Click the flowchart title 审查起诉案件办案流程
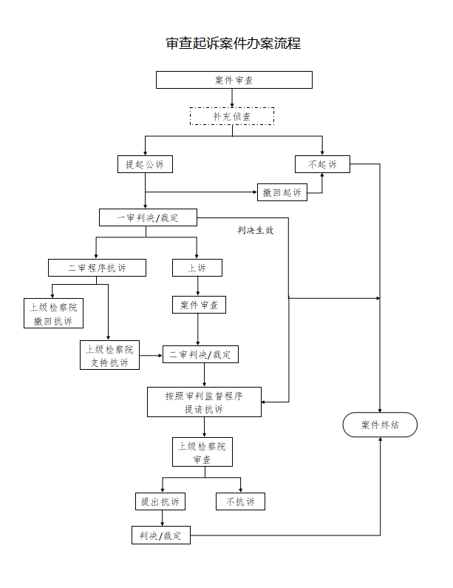click(x=234, y=43)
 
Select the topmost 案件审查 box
click(x=234, y=80)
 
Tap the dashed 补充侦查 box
click(x=232, y=116)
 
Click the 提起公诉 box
click(x=145, y=164)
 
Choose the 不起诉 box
click(x=322, y=164)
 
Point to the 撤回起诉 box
click(x=282, y=192)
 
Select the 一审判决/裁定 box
click(x=149, y=217)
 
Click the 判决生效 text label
click(x=255, y=231)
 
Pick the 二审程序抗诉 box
click(x=97, y=268)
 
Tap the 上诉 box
click(x=197, y=268)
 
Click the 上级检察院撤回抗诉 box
click(x=53, y=314)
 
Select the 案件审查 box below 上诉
click(x=198, y=305)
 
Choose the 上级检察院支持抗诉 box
click(x=109, y=355)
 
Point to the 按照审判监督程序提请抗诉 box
click(x=204, y=402)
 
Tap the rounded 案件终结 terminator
click(x=381, y=425)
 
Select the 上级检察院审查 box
click(x=202, y=453)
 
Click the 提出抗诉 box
click(x=160, y=501)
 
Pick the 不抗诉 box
click(x=240, y=501)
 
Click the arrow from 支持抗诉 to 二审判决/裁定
click(x=151, y=355)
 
